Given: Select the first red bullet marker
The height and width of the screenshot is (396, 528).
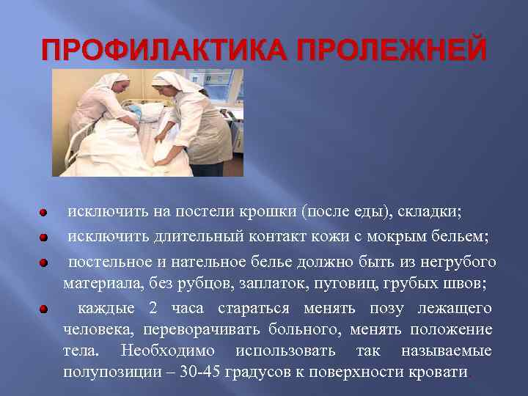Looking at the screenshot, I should point(44,213).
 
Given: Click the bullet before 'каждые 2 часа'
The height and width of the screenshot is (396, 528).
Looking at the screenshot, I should point(44,309).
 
